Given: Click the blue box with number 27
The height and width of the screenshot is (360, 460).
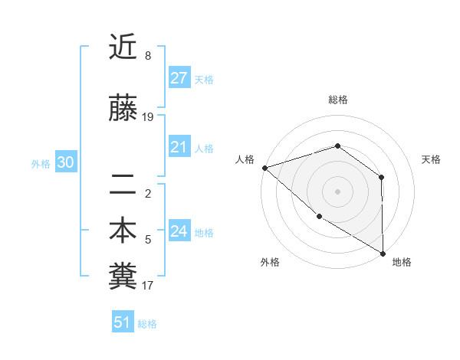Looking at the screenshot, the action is click(179, 77).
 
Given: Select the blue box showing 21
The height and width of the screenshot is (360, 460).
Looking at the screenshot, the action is click(179, 147).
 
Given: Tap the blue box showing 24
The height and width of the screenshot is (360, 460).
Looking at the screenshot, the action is click(179, 231).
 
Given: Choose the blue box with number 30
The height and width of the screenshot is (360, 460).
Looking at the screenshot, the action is click(65, 162).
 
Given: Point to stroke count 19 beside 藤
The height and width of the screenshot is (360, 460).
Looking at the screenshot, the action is click(148, 117).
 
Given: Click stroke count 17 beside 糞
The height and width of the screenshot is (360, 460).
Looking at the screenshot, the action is click(148, 286).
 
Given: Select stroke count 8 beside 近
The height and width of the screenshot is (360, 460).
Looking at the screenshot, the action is click(148, 56).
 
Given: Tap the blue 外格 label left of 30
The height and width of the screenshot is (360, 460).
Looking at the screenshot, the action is click(41, 163).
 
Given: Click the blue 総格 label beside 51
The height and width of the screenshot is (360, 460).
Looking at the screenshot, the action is click(147, 324).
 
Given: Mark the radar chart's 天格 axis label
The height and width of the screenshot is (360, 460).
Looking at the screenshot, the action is click(431, 159).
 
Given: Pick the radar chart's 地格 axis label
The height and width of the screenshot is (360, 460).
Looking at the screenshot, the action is click(402, 262).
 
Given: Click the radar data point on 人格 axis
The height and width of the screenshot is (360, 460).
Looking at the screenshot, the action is click(264, 167).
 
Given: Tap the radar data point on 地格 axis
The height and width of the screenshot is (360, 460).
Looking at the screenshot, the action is click(383, 254).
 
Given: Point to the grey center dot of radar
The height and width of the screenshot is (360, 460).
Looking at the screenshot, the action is click(337, 191).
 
